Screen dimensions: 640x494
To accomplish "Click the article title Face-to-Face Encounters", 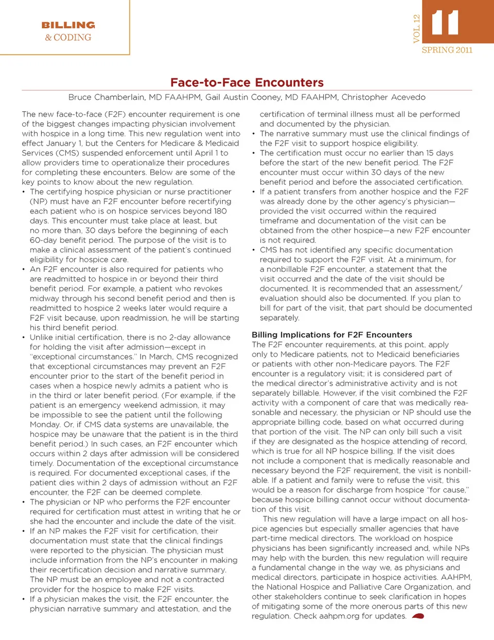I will pyautogui.click(x=247, y=82).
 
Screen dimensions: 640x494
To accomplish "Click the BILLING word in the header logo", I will pyautogui.click(x=68, y=25).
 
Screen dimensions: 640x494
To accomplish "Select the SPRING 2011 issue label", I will pyautogui.click(x=447, y=50).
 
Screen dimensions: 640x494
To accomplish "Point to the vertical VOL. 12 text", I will pyautogui.click(x=417, y=28).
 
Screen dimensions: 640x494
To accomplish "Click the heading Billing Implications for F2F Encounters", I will pyautogui.click(x=332, y=335).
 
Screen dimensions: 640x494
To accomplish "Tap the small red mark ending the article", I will pyautogui.click(x=418, y=616).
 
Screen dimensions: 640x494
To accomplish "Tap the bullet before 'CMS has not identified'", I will pyautogui.click(x=254, y=250).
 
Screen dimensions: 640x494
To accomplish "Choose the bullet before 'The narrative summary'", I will pyautogui.click(x=254, y=134).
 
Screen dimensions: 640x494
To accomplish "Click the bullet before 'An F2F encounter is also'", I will pyautogui.click(x=24, y=269).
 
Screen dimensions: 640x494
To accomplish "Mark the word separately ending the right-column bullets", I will pyautogui.click(x=279, y=318).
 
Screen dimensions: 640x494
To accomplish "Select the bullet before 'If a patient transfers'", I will pyautogui.click(x=254, y=192).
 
